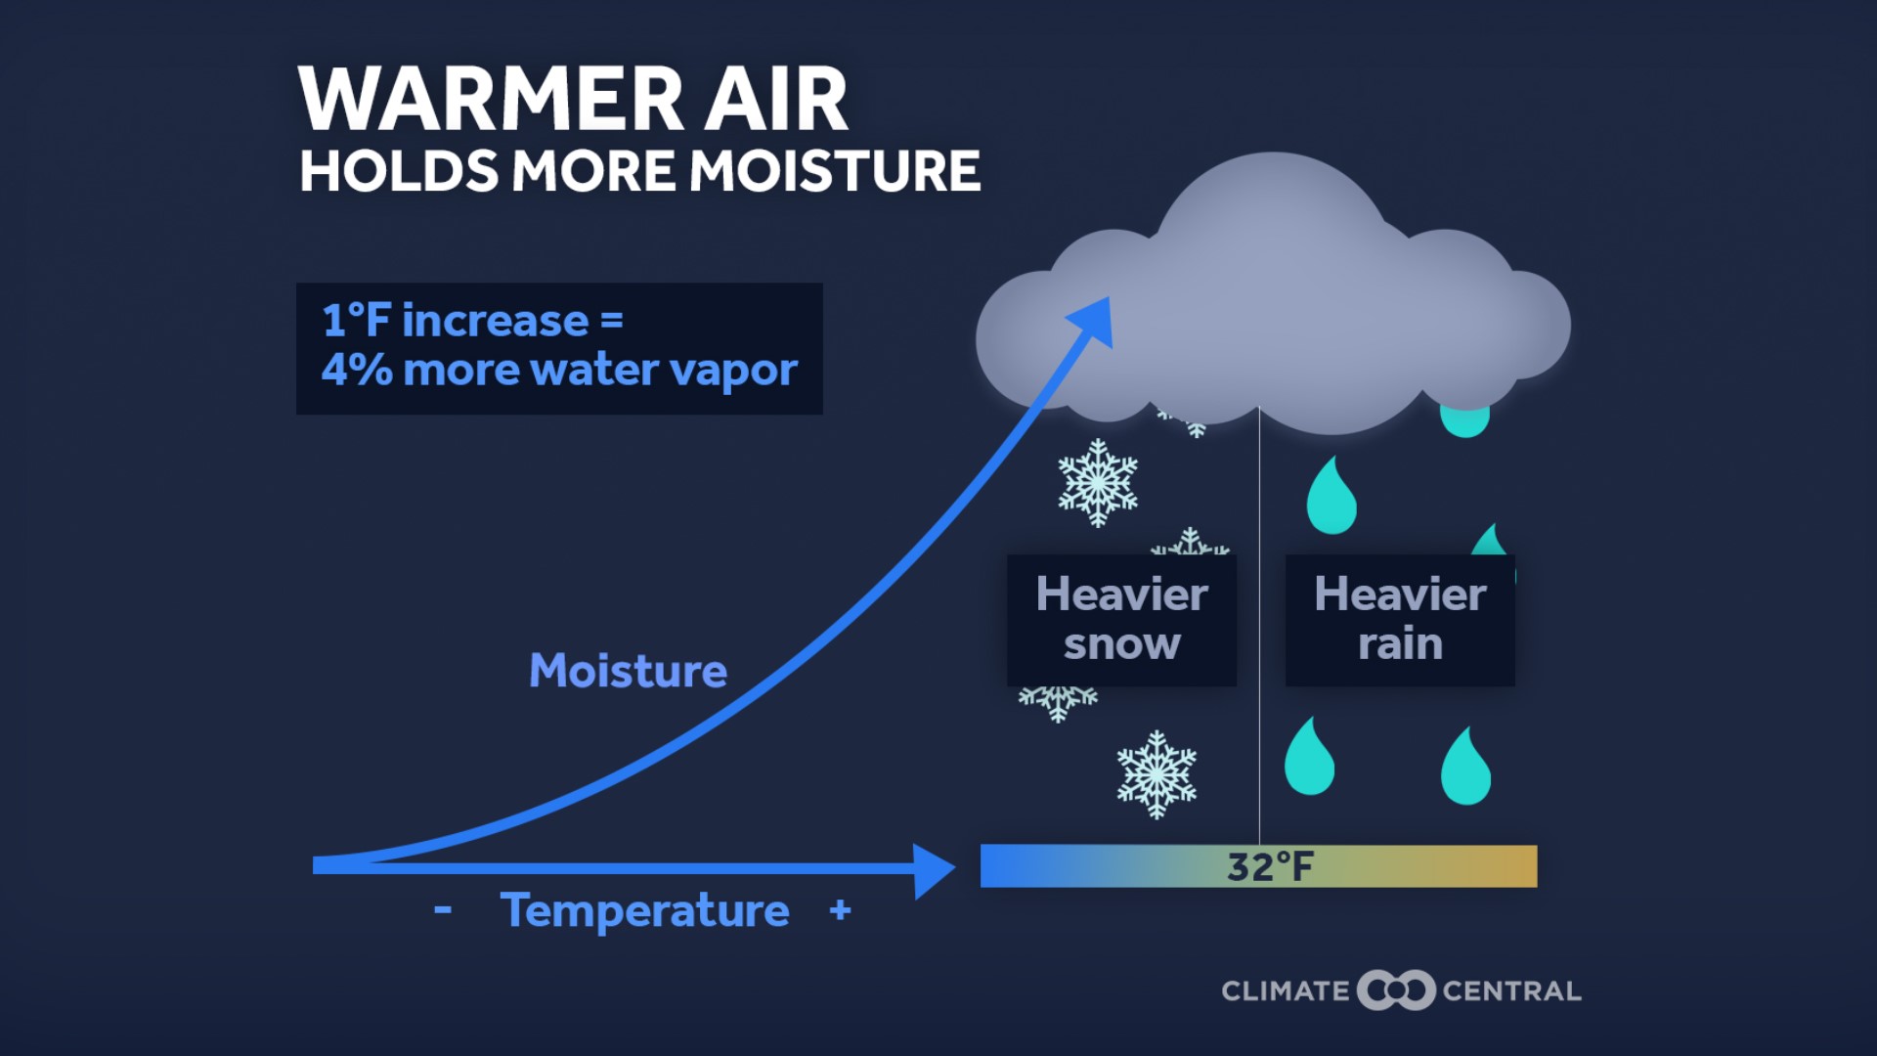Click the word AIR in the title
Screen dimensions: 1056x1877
tap(776, 100)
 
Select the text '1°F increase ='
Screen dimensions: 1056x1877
tap(472, 321)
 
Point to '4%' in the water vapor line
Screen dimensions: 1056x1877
tap(356, 370)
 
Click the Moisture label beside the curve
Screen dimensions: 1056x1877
tap(628, 671)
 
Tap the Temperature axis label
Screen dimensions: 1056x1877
tap(645, 910)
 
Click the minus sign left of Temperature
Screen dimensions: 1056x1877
tap(443, 910)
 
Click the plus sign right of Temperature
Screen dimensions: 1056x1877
tap(840, 910)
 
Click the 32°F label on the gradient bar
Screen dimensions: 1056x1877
tap(1270, 866)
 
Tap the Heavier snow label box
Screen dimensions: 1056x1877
tap(1121, 619)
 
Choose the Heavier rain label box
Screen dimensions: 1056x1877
tap(1400, 619)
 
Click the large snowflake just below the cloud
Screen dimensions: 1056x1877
tap(1098, 482)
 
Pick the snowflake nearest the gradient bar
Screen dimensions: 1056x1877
tap(1157, 773)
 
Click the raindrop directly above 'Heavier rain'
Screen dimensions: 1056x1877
tap(1331, 498)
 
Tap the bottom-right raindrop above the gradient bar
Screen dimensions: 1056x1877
tap(1465, 769)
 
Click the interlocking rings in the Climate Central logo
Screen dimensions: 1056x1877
tap(1396, 990)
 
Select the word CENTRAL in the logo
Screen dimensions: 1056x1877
tap(1511, 991)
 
